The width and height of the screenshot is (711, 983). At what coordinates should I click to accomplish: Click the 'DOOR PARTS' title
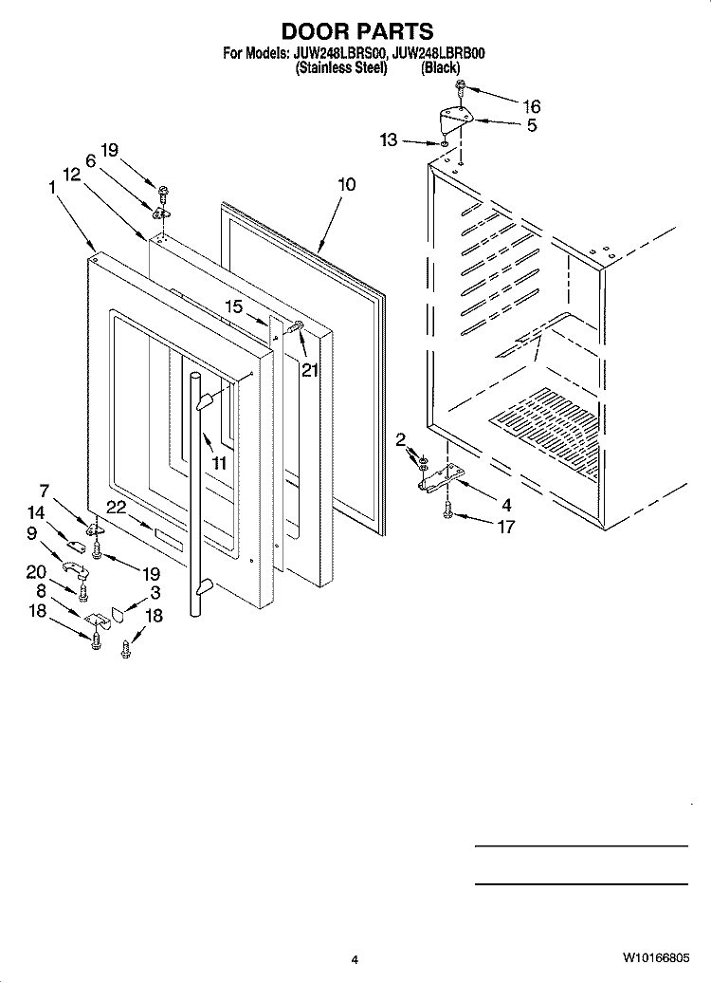pyautogui.click(x=357, y=30)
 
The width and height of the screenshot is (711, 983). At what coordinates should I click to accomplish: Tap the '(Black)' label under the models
pyautogui.click(x=441, y=67)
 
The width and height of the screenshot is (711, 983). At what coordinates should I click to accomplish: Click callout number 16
pyautogui.click(x=531, y=106)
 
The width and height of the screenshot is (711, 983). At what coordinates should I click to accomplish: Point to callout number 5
pyautogui.click(x=531, y=125)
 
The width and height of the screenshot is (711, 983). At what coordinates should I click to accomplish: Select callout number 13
pyautogui.click(x=389, y=139)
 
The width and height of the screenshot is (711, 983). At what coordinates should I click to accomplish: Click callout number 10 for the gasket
pyautogui.click(x=346, y=184)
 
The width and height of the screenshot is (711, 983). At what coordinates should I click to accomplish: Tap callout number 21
pyautogui.click(x=309, y=370)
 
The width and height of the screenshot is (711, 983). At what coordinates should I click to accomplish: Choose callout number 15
pyautogui.click(x=234, y=306)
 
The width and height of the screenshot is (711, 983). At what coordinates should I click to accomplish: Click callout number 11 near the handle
pyautogui.click(x=219, y=464)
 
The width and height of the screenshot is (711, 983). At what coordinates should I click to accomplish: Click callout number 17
pyautogui.click(x=505, y=527)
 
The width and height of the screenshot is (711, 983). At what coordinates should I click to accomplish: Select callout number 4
pyautogui.click(x=505, y=506)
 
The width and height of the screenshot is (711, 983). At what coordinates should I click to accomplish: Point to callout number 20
pyautogui.click(x=36, y=572)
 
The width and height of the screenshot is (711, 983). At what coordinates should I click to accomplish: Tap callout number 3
pyautogui.click(x=155, y=592)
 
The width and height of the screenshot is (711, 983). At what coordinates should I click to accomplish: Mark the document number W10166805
pyautogui.click(x=656, y=958)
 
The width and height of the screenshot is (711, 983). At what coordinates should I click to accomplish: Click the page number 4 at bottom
pyautogui.click(x=355, y=959)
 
